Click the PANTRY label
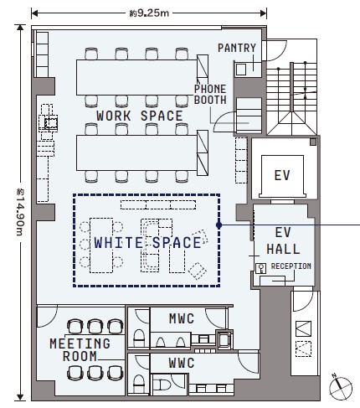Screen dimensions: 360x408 pyautogui.click(x=237, y=48)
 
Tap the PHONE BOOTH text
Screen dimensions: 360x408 pyautogui.click(x=210, y=95)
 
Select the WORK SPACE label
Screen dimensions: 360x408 pyautogui.click(x=140, y=116)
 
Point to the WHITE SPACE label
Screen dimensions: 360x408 pyautogui.click(x=147, y=242)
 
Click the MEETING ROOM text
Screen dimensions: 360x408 pyautogui.click(x=80, y=350)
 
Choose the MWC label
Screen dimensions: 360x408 pyautogui.click(x=182, y=318)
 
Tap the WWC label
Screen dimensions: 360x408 pyautogui.click(x=182, y=363)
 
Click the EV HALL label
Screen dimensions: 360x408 pyautogui.click(x=283, y=240)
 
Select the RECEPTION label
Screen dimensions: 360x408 pyautogui.click(x=291, y=266)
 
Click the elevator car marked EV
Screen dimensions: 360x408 pyautogui.click(x=282, y=176)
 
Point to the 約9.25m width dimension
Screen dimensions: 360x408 pyautogui.click(x=149, y=13)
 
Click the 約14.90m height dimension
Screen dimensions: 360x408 pyautogui.click(x=20, y=213)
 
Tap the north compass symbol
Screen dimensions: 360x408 pyautogui.click(x=340, y=388)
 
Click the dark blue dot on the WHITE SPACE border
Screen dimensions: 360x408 pyautogui.click(x=219, y=225)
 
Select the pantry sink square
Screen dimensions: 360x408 pyautogui.click(x=241, y=70)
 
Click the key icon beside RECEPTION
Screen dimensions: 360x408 pyautogui.click(x=261, y=268)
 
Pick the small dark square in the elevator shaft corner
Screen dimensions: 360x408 pyautogui.click(x=313, y=142)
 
